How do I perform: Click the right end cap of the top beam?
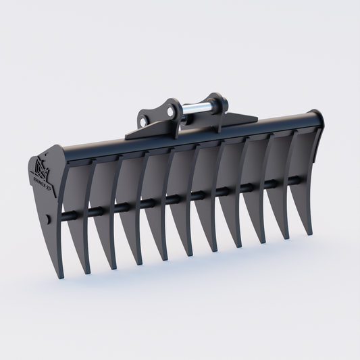coord(315,118)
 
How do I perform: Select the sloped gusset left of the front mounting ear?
coord(134,132)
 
